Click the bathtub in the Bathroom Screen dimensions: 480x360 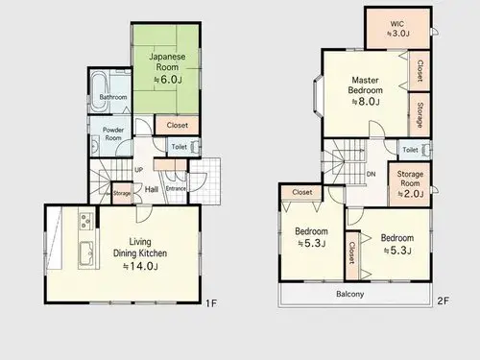[x=99, y=91]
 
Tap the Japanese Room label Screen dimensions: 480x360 [x=167, y=61]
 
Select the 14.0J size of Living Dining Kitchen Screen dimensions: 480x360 [x=141, y=266]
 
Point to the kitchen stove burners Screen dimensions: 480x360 [x=86, y=221]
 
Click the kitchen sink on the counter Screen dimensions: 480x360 [x=86, y=253]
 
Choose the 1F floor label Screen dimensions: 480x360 [x=211, y=303]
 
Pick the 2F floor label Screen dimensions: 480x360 [x=444, y=300]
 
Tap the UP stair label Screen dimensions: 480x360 [x=138, y=170]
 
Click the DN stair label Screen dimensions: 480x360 [x=371, y=174]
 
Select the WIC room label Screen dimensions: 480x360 [x=397, y=24]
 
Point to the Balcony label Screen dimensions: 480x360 [x=350, y=294]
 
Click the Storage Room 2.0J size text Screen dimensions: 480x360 [x=411, y=194]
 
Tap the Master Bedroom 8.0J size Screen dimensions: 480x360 [x=366, y=102]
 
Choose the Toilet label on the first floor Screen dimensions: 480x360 [x=180, y=147]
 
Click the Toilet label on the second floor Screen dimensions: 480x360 [x=410, y=150]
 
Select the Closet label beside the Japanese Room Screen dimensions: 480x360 [x=178, y=125]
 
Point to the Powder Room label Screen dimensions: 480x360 [x=113, y=133]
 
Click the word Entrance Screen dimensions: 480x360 [x=176, y=188]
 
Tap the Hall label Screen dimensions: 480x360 [x=152, y=189]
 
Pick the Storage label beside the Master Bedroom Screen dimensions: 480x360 [x=420, y=114]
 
